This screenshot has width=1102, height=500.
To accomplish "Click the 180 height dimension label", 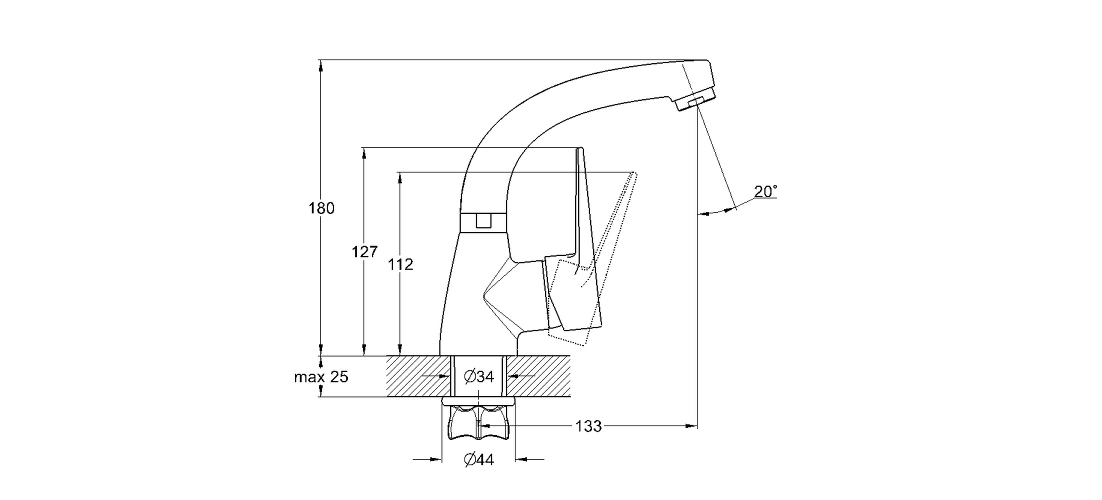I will pyautogui.click(x=321, y=208).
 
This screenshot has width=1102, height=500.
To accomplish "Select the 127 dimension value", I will pyautogui.click(x=364, y=251).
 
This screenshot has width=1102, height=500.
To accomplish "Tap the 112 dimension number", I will pyautogui.click(x=400, y=264).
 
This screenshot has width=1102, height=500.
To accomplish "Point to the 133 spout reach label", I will pyautogui.click(x=588, y=426).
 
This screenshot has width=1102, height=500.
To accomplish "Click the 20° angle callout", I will pyautogui.click(x=765, y=191).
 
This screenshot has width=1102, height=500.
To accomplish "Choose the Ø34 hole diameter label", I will pyautogui.click(x=479, y=376).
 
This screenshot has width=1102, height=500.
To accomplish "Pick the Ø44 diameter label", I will pyautogui.click(x=479, y=459).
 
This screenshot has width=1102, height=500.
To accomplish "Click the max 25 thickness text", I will pyautogui.click(x=321, y=377).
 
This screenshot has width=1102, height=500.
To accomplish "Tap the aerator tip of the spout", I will pyautogui.click(x=695, y=102).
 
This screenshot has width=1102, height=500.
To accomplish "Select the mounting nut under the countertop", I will pyautogui.click(x=478, y=423).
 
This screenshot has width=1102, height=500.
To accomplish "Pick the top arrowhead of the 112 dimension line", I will pyautogui.click(x=400, y=177).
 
